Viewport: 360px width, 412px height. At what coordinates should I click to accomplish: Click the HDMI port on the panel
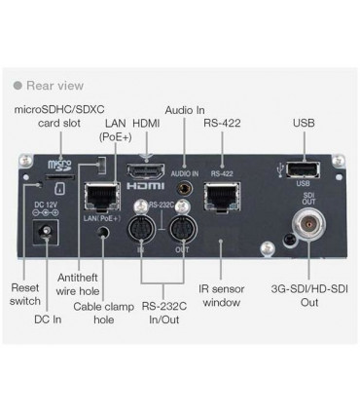pyautogui.click(x=146, y=172)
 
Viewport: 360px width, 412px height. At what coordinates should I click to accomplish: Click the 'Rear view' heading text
pyautogui.click(x=63, y=87)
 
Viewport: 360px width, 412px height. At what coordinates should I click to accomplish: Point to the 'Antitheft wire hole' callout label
pyautogui.click(x=77, y=282)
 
